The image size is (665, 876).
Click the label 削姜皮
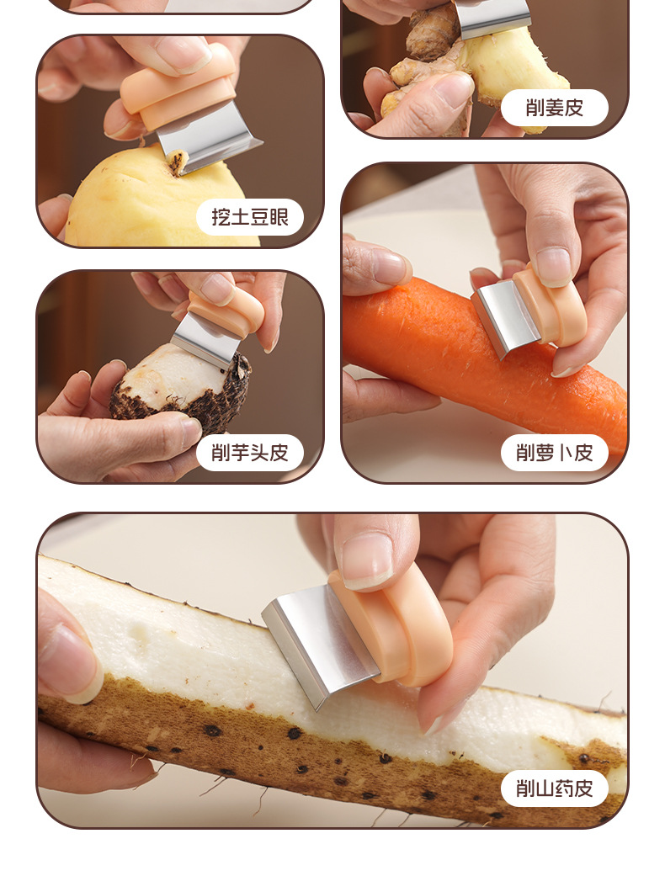[x=555, y=108]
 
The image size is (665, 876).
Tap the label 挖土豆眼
[x=250, y=217]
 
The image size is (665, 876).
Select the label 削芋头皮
[x=250, y=453]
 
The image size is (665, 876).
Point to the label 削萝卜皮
[x=555, y=453]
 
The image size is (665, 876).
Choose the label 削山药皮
[x=555, y=788]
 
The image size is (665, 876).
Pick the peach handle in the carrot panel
[x=551, y=305]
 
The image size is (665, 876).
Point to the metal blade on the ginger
[x=492, y=18]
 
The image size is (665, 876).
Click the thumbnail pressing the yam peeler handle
[x=366, y=560]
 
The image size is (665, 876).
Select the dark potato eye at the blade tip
[x=178, y=162]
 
